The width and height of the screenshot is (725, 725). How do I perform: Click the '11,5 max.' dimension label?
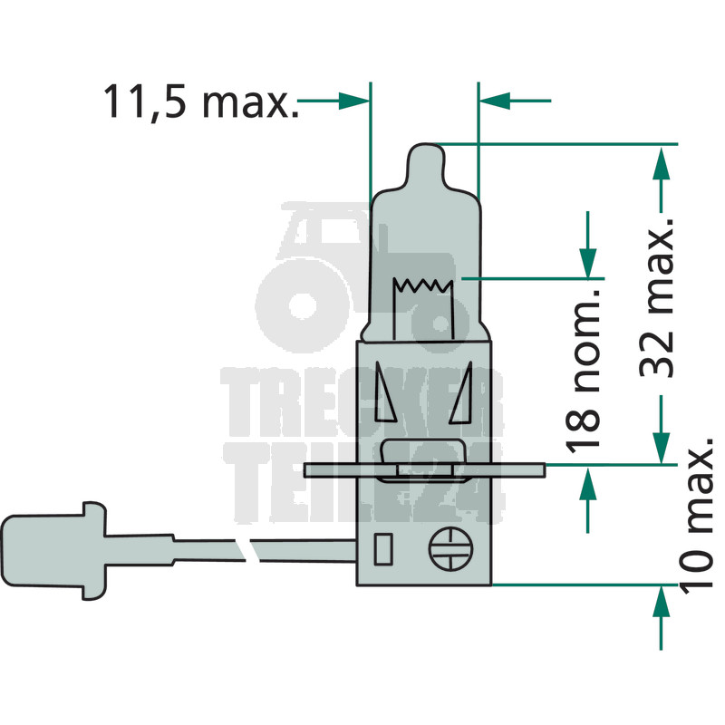coord(200,101)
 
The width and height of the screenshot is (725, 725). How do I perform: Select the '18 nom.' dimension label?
coord(583,370)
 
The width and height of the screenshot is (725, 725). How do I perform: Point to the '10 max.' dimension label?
coord(696,514)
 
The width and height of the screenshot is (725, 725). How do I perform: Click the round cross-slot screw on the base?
coord(450,548)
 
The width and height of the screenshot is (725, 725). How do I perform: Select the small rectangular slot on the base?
coord(383,548)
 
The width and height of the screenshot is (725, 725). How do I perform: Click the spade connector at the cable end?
coord(53,550)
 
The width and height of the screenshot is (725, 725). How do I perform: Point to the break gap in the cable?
coord(247,549)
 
